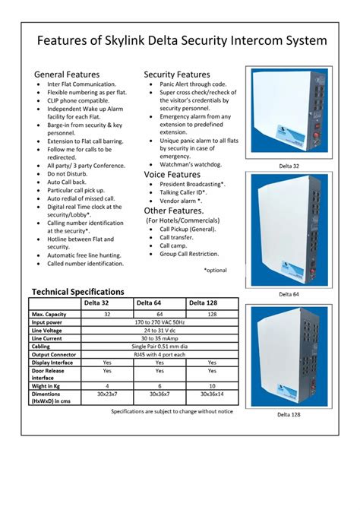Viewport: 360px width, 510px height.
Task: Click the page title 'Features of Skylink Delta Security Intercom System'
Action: click(182, 40)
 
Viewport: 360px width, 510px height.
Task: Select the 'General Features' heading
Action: click(68, 74)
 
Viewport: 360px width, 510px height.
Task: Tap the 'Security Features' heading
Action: click(177, 74)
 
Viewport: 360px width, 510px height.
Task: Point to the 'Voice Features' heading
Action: click(172, 175)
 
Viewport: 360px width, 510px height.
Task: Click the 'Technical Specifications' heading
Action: click(77, 292)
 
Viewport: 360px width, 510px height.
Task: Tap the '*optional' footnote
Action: click(215, 270)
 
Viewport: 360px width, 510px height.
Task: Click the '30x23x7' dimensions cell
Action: click(106, 396)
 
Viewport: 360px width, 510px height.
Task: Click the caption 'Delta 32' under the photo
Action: click(289, 166)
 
